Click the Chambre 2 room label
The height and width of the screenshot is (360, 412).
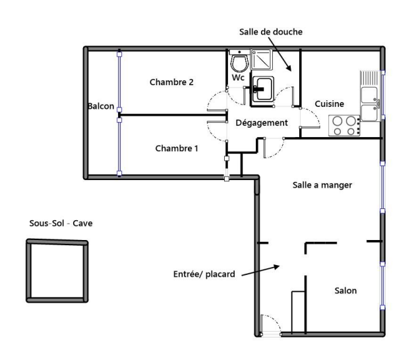171,82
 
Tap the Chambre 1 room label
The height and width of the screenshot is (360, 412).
177,148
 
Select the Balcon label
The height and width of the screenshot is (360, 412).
101,106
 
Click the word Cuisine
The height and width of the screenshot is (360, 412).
329,104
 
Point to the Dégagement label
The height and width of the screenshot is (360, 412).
262,123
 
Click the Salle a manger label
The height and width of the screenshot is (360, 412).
322,185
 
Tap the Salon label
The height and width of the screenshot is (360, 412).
345,290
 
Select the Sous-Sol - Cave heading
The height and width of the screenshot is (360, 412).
61,223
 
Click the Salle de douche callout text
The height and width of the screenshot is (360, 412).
271,32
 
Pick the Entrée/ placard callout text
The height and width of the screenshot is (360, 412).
204,274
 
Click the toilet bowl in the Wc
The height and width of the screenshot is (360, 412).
239,63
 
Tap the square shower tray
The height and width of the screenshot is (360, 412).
261,59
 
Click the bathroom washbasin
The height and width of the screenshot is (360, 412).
263,90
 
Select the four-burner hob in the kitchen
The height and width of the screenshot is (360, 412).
344,126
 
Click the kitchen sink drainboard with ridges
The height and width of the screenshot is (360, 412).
369,78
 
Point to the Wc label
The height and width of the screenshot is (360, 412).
238,78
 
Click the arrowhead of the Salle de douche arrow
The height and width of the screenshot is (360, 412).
289,68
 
